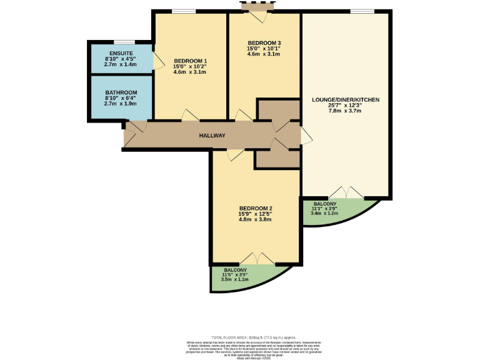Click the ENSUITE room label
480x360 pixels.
tap(121, 52)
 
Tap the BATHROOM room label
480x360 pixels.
tap(121, 92)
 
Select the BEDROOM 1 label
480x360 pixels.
tap(189, 60)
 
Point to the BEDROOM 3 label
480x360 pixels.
tap(264, 42)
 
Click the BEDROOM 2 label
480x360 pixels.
tap(256, 208)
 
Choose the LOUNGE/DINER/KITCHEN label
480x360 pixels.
tap(346, 99)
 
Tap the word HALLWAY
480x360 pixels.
tap(212, 136)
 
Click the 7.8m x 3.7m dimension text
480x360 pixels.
tap(346, 111)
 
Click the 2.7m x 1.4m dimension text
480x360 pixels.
tap(121, 64)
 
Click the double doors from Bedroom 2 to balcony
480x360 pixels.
tap(257, 259)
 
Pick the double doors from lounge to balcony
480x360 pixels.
tap(346, 192)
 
